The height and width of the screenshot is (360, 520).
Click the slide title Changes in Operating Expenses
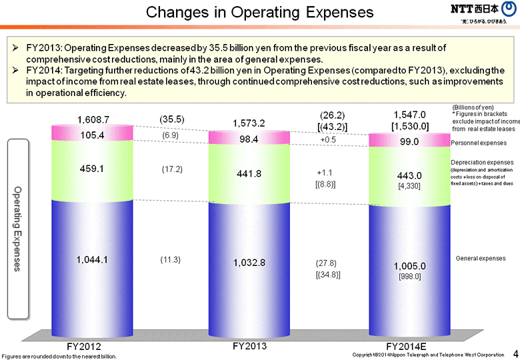[x=259, y=12]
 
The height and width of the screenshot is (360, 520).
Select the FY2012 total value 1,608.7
[x=93, y=119]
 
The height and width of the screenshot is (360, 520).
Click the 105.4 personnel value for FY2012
[x=93, y=135]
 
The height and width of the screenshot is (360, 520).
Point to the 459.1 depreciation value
[x=93, y=169]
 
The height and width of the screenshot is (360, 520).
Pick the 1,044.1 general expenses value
[x=93, y=259]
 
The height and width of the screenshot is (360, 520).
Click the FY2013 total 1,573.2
[x=249, y=123]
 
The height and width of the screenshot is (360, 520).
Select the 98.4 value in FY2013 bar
[x=249, y=140]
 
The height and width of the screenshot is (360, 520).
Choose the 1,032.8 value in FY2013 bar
[x=249, y=263]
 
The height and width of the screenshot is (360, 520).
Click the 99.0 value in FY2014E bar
[x=409, y=142]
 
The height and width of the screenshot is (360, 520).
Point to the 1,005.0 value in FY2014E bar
[x=409, y=265]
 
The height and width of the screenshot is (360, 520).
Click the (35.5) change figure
[x=171, y=119]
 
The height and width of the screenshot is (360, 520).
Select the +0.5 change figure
[x=328, y=140]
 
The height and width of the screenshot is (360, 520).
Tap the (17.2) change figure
[x=171, y=169]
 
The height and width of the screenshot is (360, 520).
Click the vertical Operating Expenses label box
[x=18, y=228]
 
